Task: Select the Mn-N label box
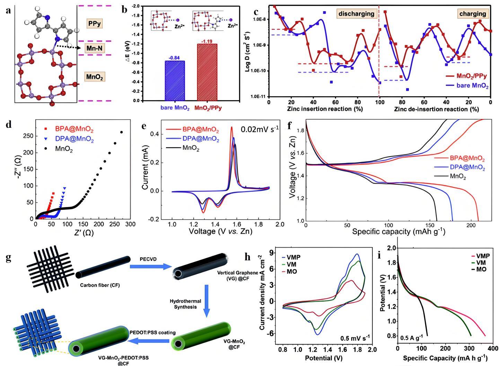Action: coord(94,48)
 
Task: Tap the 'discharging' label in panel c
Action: coord(356,14)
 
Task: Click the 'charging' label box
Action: coord(472,14)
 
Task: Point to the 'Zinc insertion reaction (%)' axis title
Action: coord(325,109)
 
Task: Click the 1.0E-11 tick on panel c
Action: coord(259,96)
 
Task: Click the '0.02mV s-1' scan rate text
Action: coord(260,130)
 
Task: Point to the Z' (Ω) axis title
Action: coord(83,233)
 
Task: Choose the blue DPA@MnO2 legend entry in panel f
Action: coord(467,168)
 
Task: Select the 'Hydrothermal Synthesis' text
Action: coord(185,304)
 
